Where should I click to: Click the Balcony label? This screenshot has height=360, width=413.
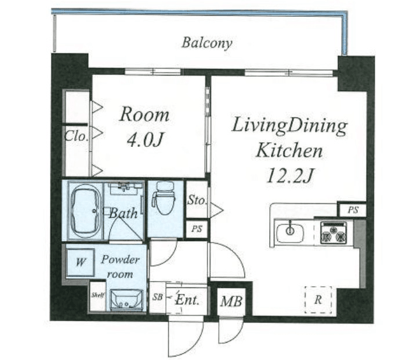[x=207, y=43]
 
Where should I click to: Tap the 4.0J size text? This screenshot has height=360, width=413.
[x=145, y=140]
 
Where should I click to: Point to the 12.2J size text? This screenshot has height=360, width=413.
[x=290, y=175]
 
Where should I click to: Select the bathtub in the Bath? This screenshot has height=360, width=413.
[x=85, y=211]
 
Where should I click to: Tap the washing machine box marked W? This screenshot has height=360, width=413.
[x=80, y=262]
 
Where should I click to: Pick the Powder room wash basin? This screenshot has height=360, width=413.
[x=126, y=300]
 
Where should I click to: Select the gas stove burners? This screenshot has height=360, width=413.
[x=333, y=233]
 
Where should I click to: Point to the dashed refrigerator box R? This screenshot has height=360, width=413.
[x=318, y=300]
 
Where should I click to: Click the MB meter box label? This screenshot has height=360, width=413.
[x=231, y=301]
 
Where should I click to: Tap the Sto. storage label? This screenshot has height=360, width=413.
[x=197, y=200]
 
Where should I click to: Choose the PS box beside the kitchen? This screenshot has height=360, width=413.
[x=353, y=210]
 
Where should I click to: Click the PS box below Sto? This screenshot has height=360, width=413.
[x=197, y=229]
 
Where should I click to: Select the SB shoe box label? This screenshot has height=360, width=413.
[x=158, y=297]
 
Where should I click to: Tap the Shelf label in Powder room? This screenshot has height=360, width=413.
[x=98, y=295]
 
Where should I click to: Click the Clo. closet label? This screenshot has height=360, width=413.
[x=76, y=136]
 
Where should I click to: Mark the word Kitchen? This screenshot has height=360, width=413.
[x=289, y=151]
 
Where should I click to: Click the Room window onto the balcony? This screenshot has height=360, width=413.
[x=153, y=71]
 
